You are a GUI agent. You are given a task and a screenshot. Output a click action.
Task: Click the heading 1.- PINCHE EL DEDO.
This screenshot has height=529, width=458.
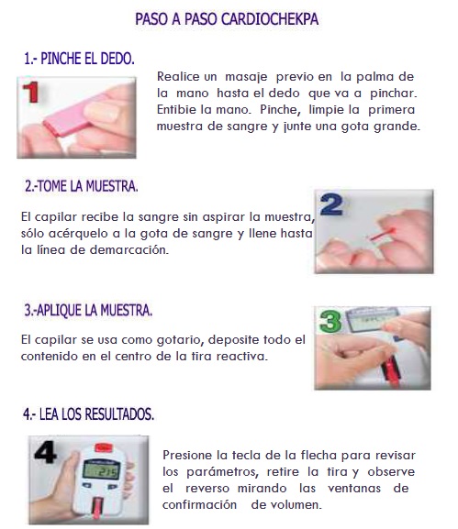click(x=79, y=59)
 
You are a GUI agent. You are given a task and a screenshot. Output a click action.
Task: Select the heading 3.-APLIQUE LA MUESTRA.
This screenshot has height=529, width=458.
click(x=88, y=310)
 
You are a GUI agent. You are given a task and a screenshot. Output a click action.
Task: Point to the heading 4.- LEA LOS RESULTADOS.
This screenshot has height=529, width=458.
click(x=88, y=414)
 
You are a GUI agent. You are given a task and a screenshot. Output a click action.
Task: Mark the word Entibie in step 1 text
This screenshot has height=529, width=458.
click(x=179, y=110)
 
